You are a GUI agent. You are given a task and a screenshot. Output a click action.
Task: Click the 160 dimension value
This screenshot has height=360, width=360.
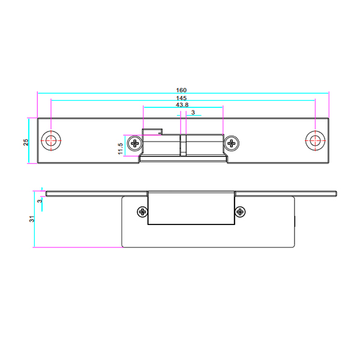(181, 90)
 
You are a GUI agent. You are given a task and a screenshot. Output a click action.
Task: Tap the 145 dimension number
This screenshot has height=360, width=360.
(181, 98)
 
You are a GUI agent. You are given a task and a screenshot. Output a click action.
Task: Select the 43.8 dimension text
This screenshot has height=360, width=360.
(182, 105)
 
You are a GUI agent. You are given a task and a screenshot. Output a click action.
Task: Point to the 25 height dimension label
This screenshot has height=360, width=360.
(26, 142)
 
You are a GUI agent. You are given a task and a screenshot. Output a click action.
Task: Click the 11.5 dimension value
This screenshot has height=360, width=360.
(121, 149)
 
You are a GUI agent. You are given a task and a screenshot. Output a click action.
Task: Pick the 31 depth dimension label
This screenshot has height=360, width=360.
(32, 219)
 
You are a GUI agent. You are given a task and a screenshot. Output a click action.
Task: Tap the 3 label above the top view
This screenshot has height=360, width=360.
(193, 112)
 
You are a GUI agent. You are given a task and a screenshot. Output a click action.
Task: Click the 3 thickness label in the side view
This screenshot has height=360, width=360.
(40, 201)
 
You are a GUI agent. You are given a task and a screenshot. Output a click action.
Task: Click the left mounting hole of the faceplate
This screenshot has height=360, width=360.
(51, 140)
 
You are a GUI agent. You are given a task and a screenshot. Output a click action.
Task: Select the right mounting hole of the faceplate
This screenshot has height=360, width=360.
(315, 140)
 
